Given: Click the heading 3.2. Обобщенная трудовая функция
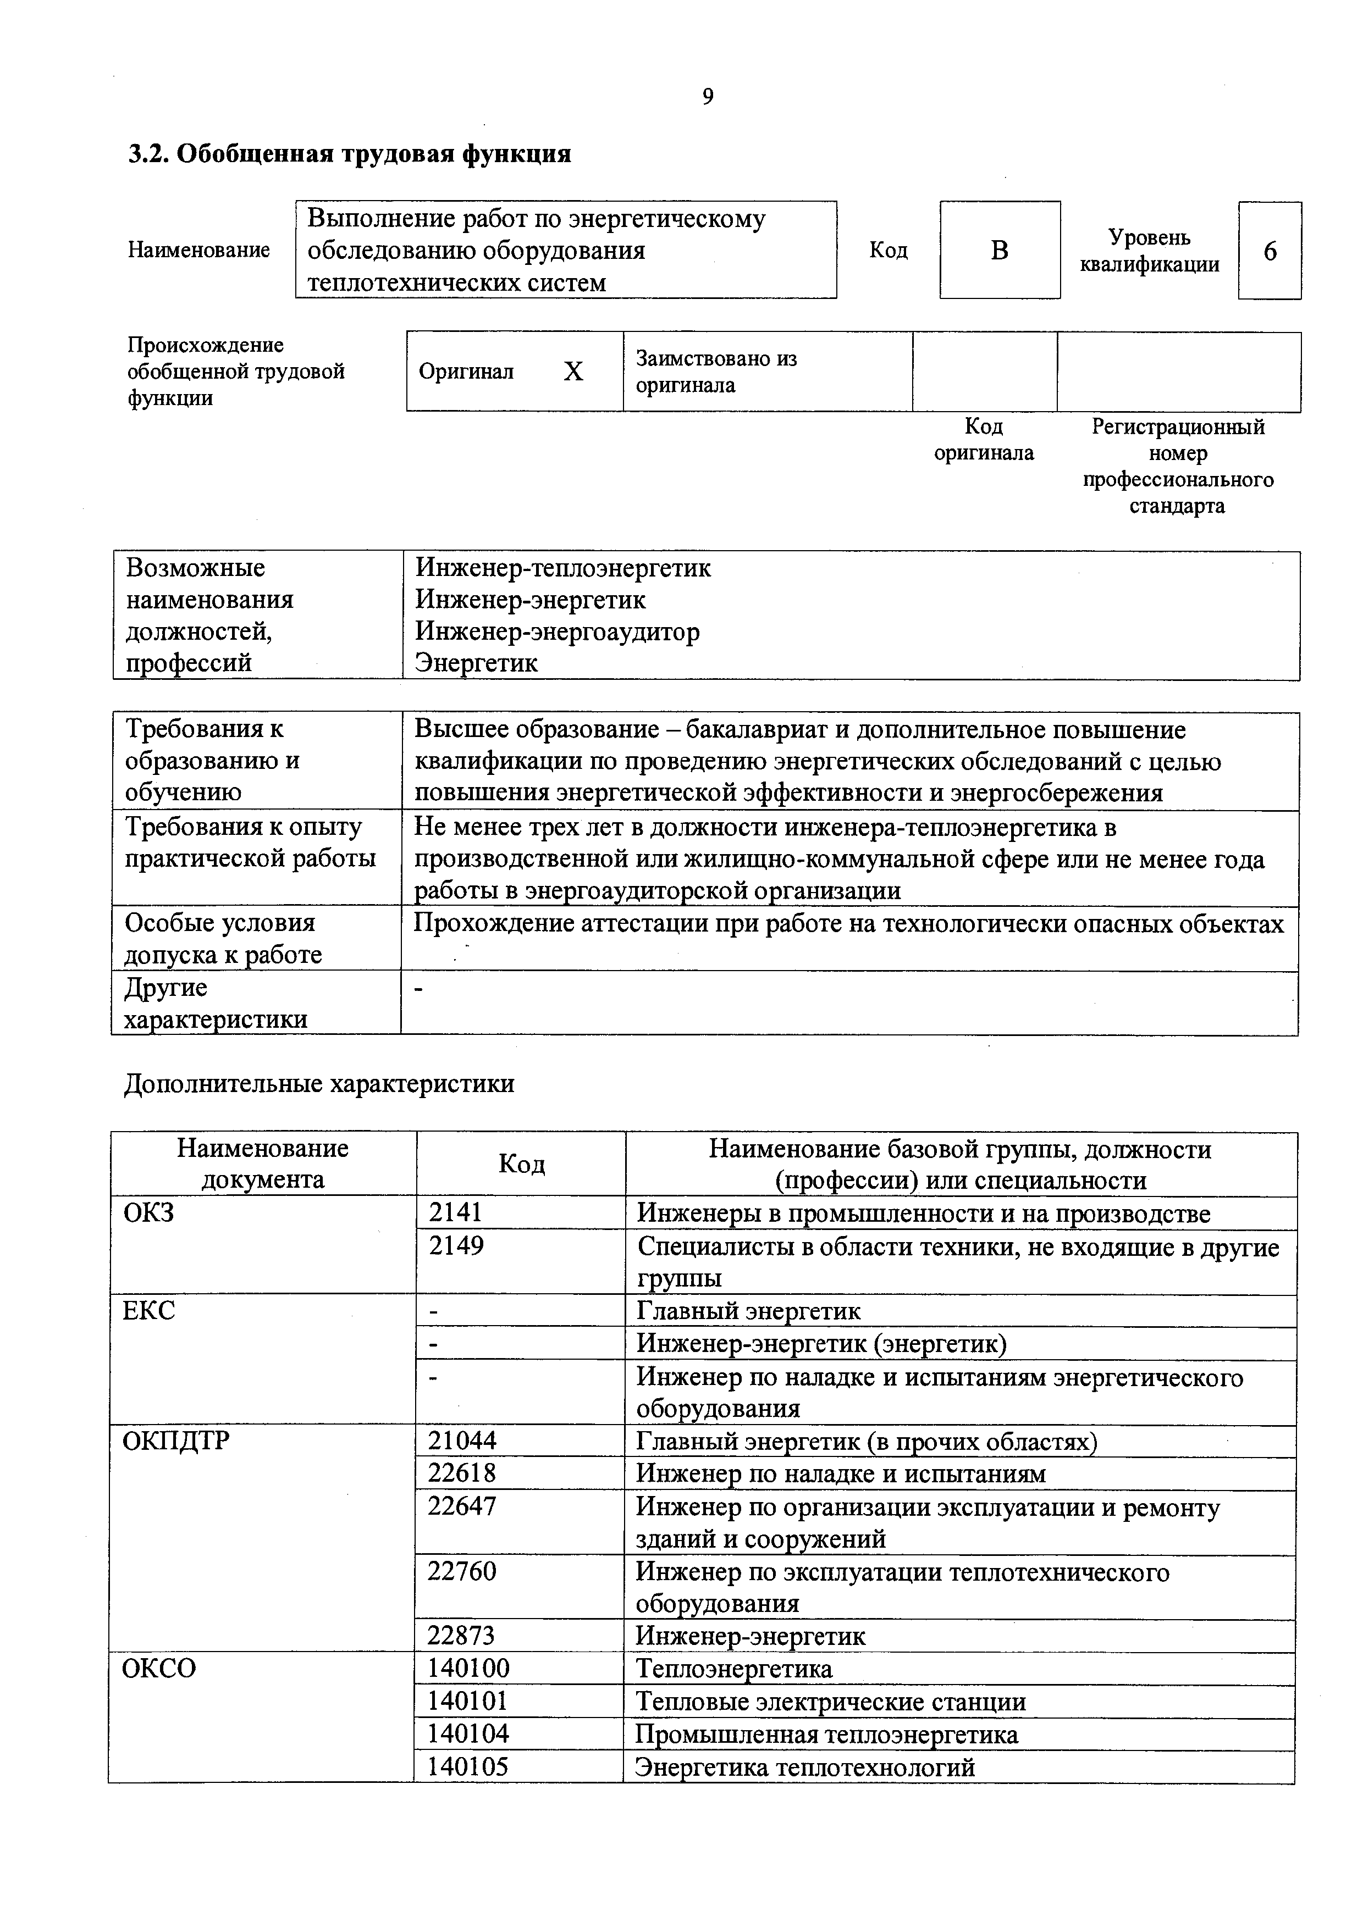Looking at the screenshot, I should (x=349, y=154).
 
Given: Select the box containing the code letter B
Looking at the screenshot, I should (x=1000, y=250).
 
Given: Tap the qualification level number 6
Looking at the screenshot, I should (x=1269, y=251).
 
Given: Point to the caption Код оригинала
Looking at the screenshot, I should (x=984, y=440).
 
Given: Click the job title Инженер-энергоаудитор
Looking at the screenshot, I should (x=557, y=631).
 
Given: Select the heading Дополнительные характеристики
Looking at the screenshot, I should (x=319, y=1084).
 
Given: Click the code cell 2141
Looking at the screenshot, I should (x=456, y=1212).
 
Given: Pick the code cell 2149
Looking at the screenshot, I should (x=456, y=1245).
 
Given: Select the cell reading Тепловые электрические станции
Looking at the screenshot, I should (x=831, y=1702).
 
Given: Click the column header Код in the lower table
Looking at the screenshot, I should (x=522, y=1164).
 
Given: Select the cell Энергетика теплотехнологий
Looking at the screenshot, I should (x=804, y=1767).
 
